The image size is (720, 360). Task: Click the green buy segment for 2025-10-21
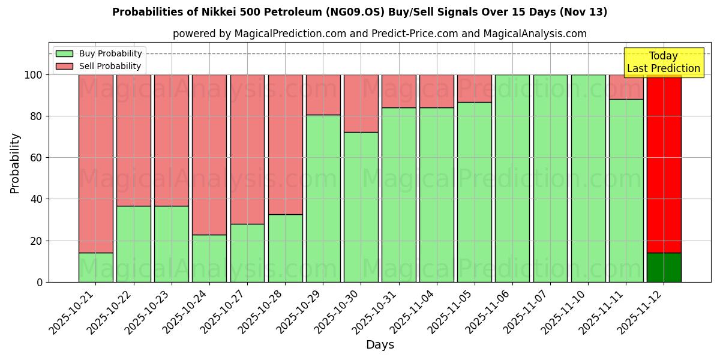96,267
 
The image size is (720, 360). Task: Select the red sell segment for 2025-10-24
209,154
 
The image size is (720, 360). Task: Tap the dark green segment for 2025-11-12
664,267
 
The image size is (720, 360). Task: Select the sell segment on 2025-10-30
361,103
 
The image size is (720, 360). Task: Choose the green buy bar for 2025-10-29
323,198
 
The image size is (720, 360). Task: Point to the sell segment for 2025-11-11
626,87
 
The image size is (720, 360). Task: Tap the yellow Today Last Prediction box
663,62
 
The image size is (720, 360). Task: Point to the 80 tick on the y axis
35,116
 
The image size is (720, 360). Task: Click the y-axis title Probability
15,163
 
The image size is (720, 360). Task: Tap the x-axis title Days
380,345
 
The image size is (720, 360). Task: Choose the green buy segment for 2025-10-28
285,248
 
